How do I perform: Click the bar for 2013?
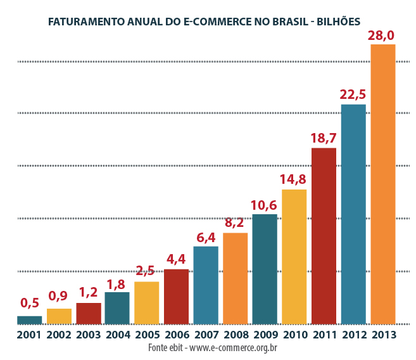pyautogui.click(x=382, y=184)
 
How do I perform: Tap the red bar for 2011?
pyautogui.click(x=324, y=235)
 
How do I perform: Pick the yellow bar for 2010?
pyautogui.click(x=294, y=256)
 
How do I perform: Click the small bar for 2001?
pyautogui.click(x=29, y=319)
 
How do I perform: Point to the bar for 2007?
pyautogui.click(x=206, y=285)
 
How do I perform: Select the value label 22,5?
pyautogui.click(x=353, y=94)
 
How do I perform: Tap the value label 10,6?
pyautogui.click(x=265, y=205)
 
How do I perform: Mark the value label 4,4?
pyautogui.click(x=176, y=260)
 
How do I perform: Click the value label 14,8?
pyautogui.click(x=293, y=179)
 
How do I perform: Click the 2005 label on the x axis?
pyautogui.click(x=146, y=335)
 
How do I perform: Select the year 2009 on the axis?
pyautogui.click(x=265, y=335)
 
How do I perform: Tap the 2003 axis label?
pyautogui.click(x=88, y=335)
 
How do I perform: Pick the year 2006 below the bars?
pyautogui.click(x=176, y=335)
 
